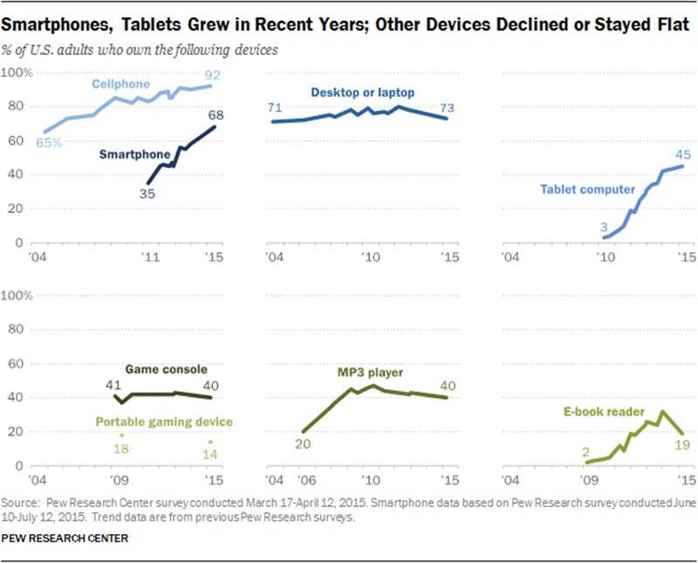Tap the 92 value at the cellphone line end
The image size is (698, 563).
[213, 74]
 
